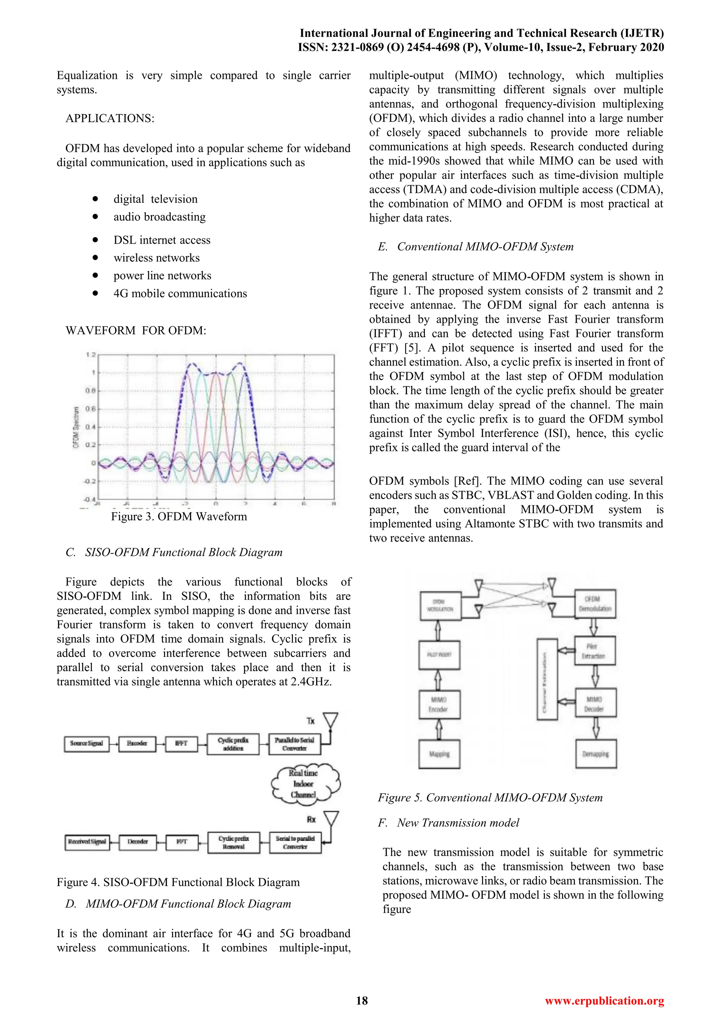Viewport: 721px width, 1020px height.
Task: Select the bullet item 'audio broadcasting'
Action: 159,217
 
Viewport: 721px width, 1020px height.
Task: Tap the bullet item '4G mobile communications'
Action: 180,294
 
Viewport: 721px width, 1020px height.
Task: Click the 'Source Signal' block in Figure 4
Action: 87,743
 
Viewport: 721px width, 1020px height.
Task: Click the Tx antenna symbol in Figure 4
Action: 330,721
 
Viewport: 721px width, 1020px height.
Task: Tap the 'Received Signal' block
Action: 87,841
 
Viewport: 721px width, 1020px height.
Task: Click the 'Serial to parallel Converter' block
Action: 295,842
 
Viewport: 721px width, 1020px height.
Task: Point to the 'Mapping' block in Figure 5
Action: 439,754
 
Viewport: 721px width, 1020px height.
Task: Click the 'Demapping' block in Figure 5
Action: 596,754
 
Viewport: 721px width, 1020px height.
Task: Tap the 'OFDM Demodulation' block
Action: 595,604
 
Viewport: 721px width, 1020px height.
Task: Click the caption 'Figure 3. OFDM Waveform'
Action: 179,516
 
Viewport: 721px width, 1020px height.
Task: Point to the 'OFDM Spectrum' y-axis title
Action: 76,427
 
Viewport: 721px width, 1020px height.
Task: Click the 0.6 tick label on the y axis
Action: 90,409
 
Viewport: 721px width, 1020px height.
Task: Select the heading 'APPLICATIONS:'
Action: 109,119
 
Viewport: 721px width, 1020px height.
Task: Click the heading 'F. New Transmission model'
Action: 449,823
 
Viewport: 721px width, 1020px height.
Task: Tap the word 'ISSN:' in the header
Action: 313,48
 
